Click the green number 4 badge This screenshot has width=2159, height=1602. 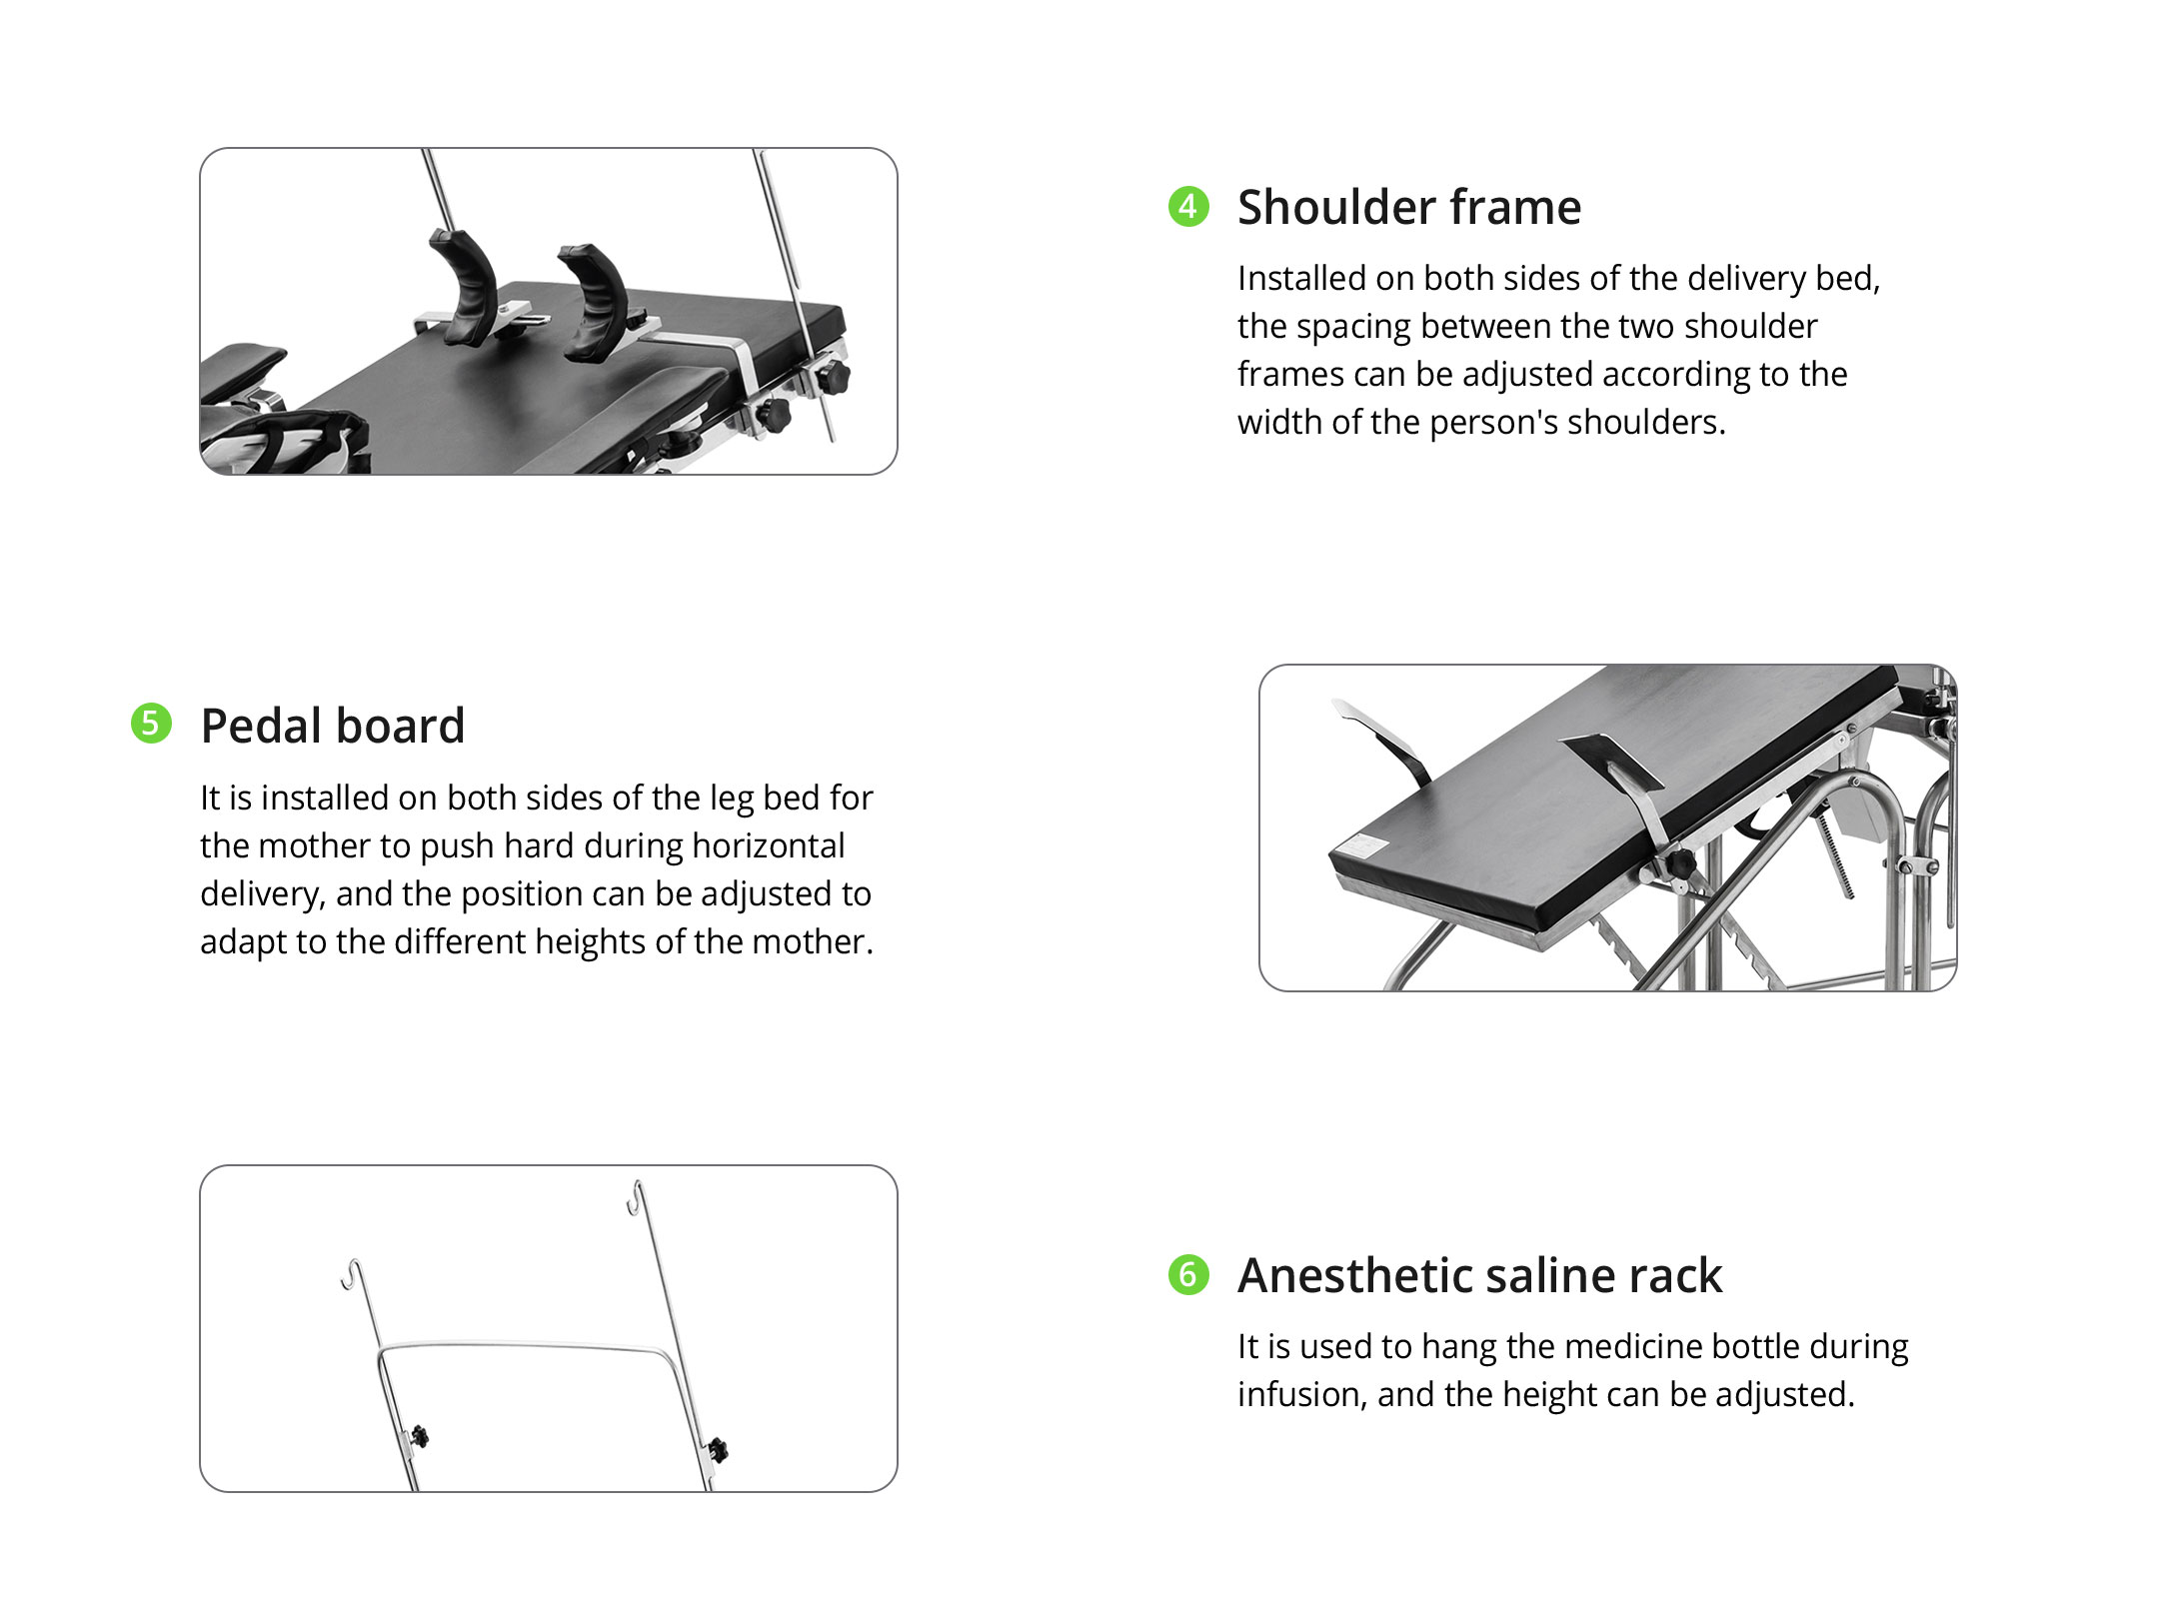[1188, 207]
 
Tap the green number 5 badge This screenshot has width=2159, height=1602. [151, 724]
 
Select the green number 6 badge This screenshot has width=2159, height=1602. [1188, 1274]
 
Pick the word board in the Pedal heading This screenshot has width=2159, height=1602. [409, 726]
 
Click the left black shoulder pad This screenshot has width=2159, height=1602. [466, 287]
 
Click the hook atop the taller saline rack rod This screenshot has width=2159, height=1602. [634, 1197]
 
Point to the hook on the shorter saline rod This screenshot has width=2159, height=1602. [351, 1274]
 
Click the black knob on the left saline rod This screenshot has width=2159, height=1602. [419, 1437]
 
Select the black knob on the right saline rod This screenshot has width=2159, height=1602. [718, 1449]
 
